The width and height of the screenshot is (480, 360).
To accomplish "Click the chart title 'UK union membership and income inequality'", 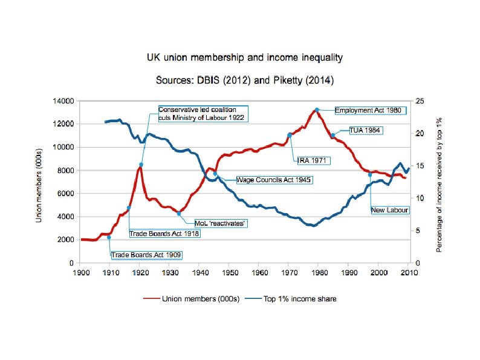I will click(245, 58).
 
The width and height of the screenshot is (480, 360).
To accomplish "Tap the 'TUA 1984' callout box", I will click(366, 130).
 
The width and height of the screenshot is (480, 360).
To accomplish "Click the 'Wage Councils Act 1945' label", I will click(274, 180).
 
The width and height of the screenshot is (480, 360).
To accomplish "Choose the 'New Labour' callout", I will click(390, 210).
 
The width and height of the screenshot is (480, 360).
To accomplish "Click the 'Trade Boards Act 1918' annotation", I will click(164, 233).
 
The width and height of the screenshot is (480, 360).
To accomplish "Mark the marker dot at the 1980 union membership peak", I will click(317, 110).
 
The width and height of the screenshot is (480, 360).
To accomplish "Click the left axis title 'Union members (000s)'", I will click(40, 181).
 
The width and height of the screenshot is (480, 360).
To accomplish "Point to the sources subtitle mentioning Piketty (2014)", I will click(245, 80).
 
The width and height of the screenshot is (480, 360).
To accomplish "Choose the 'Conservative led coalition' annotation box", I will click(202, 113).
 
